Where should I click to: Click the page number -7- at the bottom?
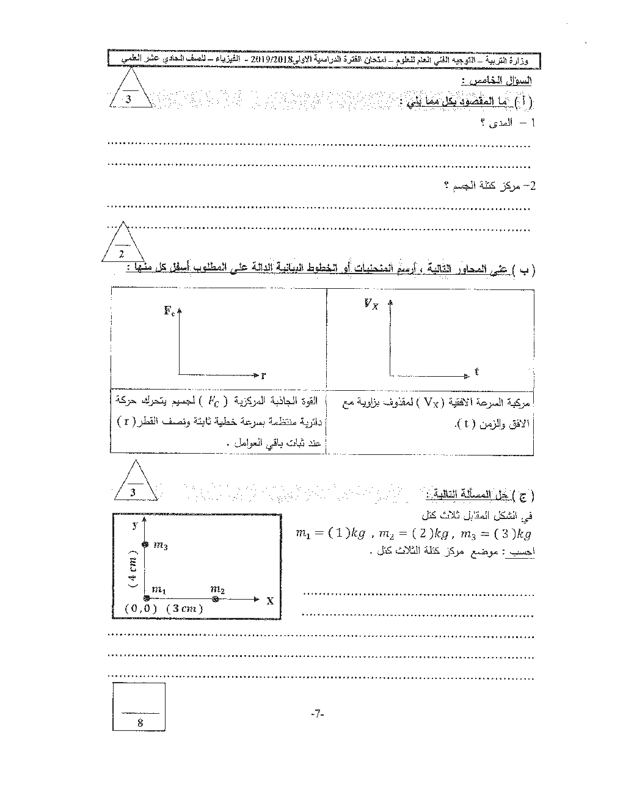click(316, 713)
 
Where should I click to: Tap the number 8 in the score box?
click(140, 722)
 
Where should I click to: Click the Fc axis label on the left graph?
click(169, 311)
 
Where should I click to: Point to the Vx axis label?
click(371, 303)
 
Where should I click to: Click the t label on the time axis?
click(476, 371)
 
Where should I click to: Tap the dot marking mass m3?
click(145, 545)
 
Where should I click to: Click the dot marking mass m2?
click(215, 600)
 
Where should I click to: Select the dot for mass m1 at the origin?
click(145, 600)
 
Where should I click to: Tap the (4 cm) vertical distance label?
click(133, 572)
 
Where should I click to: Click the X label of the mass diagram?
click(269, 601)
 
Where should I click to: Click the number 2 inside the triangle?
click(122, 254)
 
